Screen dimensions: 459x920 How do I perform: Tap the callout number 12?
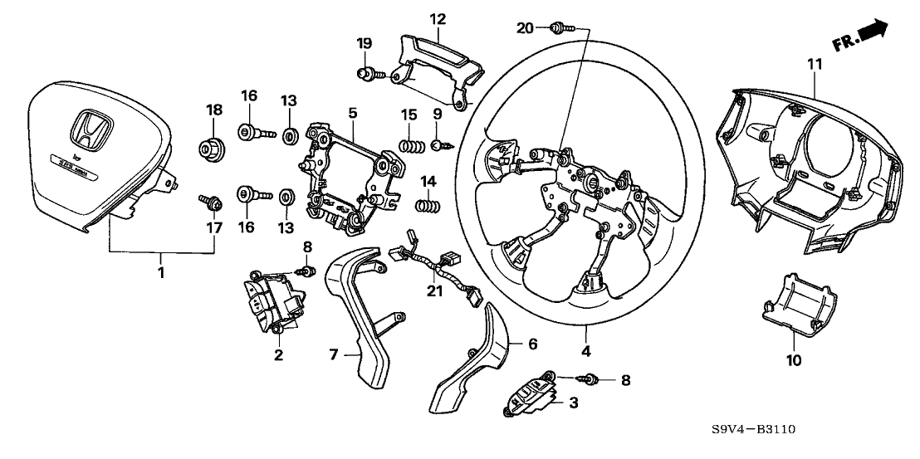[x=438, y=18]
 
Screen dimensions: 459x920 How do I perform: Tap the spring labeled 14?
[x=426, y=203]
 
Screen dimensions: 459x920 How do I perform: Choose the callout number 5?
[x=353, y=110]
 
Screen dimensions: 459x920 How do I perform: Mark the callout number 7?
[x=333, y=354]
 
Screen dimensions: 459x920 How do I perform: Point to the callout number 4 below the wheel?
[x=586, y=351]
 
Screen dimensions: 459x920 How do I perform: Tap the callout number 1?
[x=162, y=271]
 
